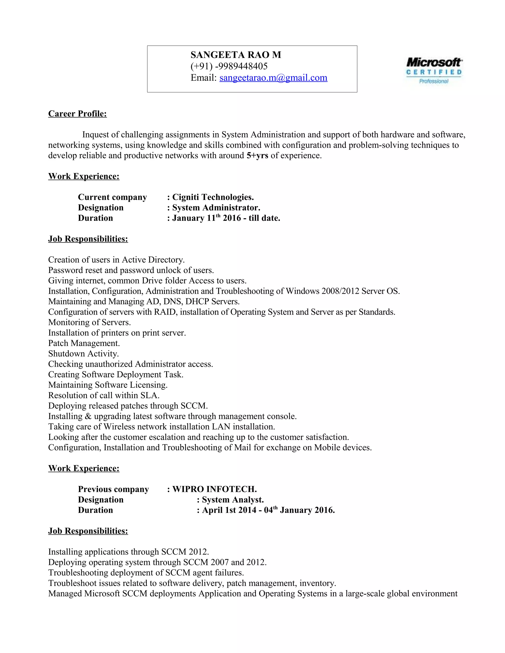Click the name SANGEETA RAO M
pos(236,55)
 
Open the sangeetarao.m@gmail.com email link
pos(273,78)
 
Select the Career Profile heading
pos(77,114)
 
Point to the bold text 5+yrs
pos(257,155)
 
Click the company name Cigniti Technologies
pos(213,197)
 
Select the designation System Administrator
pos(216,207)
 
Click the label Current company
pos(112,197)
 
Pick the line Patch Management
pos(84,343)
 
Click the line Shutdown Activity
pos(84,354)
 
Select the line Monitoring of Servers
pos(90,322)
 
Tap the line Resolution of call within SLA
pos(104,395)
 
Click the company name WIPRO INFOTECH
pos(215,489)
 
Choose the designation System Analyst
pos(233,500)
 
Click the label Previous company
pos(113,489)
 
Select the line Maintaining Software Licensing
pos(108,385)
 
